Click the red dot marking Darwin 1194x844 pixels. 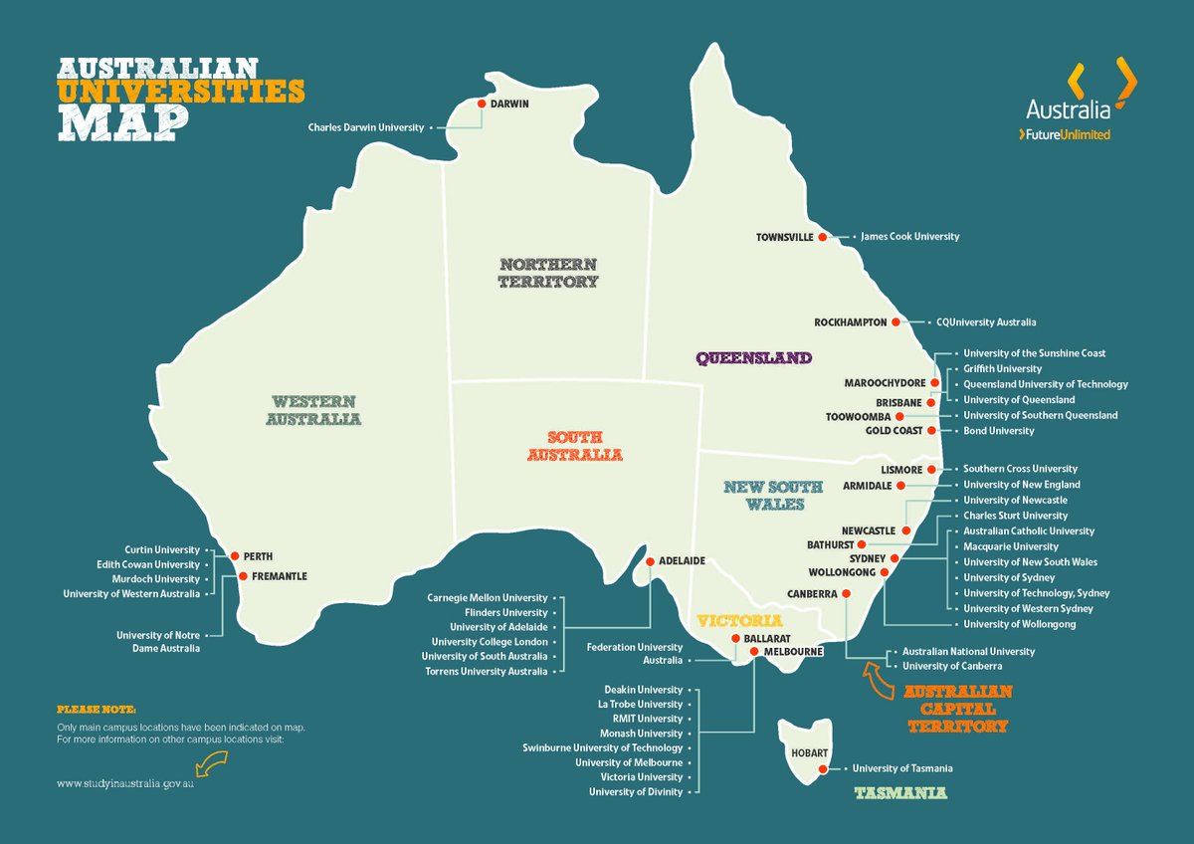(x=482, y=104)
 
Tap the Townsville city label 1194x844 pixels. (x=785, y=237)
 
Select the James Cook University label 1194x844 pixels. (x=909, y=237)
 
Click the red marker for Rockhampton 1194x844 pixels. (x=895, y=322)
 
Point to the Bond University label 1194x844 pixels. (x=998, y=431)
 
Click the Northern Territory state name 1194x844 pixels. (x=548, y=272)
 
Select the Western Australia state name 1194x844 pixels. (x=313, y=409)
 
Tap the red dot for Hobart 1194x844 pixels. (x=823, y=768)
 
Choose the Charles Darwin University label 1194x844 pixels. (x=365, y=127)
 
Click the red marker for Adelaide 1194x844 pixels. (x=651, y=561)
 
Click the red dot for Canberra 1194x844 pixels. (x=846, y=593)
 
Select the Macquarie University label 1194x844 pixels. (x=1010, y=546)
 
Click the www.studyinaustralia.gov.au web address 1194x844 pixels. (x=124, y=784)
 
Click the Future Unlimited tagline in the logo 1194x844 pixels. (x=1064, y=134)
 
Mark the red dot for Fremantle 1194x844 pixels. (x=243, y=575)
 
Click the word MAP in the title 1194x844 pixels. (x=122, y=120)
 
